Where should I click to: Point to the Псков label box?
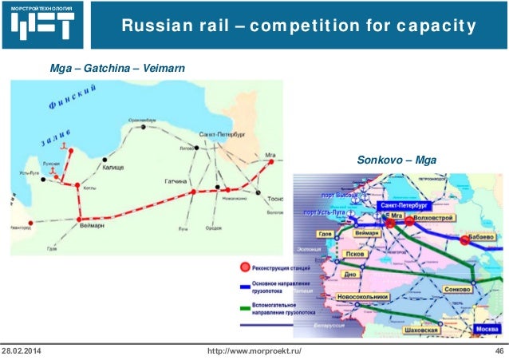(x=353, y=255)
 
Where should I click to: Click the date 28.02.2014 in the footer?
(x=24, y=352)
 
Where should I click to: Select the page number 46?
(x=499, y=352)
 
